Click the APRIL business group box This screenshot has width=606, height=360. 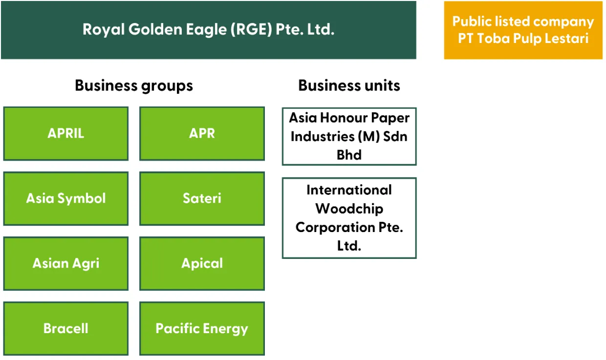click(x=66, y=134)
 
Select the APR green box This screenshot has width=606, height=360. click(x=202, y=134)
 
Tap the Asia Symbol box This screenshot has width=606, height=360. click(x=66, y=198)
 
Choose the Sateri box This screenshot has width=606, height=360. click(x=202, y=198)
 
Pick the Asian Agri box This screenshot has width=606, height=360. click(x=66, y=263)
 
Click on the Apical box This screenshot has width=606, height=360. click(x=202, y=263)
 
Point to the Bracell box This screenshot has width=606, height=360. click(x=66, y=328)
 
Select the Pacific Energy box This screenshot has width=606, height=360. click(x=202, y=328)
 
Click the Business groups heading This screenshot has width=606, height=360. click(x=134, y=86)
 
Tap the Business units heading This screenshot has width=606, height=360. click(x=349, y=85)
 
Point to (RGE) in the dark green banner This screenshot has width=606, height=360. click(x=251, y=29)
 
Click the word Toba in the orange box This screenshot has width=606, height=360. click(x=493, y=38)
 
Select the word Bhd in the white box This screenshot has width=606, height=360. click(x=349, y=155)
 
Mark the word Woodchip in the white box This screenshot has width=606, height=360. click(x=349, y=209)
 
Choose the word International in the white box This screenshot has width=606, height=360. click(x=349, y=190)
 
